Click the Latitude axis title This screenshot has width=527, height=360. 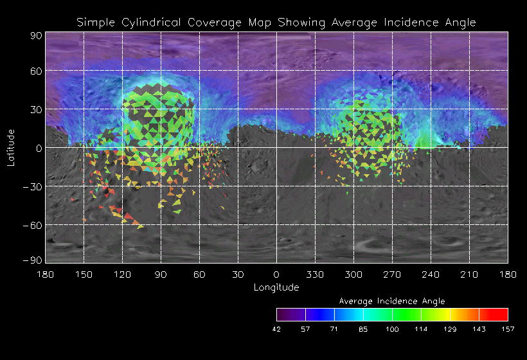coord(11,147)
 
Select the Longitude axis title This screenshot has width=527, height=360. coord(276,287)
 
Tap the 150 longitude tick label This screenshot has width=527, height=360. coord(84,274)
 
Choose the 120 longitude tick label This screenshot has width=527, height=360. coord(122,274)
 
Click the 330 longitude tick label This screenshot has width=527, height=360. coord(315,274)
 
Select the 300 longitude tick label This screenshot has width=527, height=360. coord(353,274)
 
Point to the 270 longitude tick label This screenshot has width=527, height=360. coord(392,274)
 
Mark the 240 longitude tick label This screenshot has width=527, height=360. coord(431,274)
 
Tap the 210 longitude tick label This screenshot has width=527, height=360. coord(469,274)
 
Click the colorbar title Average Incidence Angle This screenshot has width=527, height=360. coord(391,301)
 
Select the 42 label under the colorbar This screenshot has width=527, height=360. coord(277,329)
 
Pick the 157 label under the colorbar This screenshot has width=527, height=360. coord(508,329)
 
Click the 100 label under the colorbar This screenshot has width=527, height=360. coord(392,329)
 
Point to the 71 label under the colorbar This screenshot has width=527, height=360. coord(334,329)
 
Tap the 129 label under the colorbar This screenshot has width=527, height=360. coord(450,329)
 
